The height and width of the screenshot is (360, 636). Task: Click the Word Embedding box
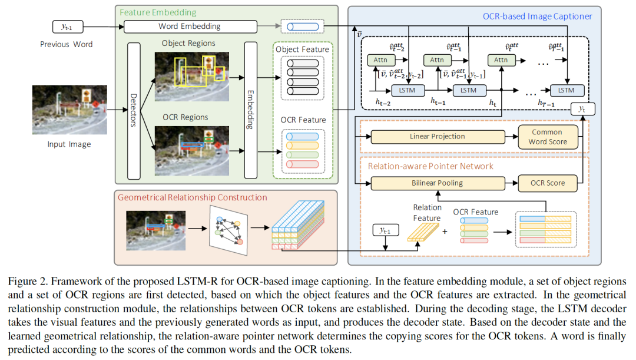pyautogui.click(x=190, y=27)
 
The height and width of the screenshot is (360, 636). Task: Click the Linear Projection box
pyautogui.click(x=437, y=137)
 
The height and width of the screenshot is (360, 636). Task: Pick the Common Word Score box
pyautogui.click(x=546, y=137)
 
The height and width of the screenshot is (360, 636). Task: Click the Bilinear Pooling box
pyautogui.click(x=437, y=183)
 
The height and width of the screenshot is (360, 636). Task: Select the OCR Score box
pyautogui.click(x=546, y=183)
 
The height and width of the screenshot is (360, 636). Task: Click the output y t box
pyautogui.click(x=583, y=110)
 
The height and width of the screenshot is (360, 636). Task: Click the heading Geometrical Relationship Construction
pyautogui.click(x=193, y=197)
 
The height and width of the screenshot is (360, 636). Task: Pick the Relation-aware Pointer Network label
pyautogui.click(x=430, y=167)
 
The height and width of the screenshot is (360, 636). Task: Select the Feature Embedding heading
pyautogui.click(x=158, y=12)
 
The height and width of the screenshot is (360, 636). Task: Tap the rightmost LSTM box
pyautogui.click(x=566, y=90)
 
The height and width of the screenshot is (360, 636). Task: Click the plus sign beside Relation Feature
pyautogui.click(x=445, y=231)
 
